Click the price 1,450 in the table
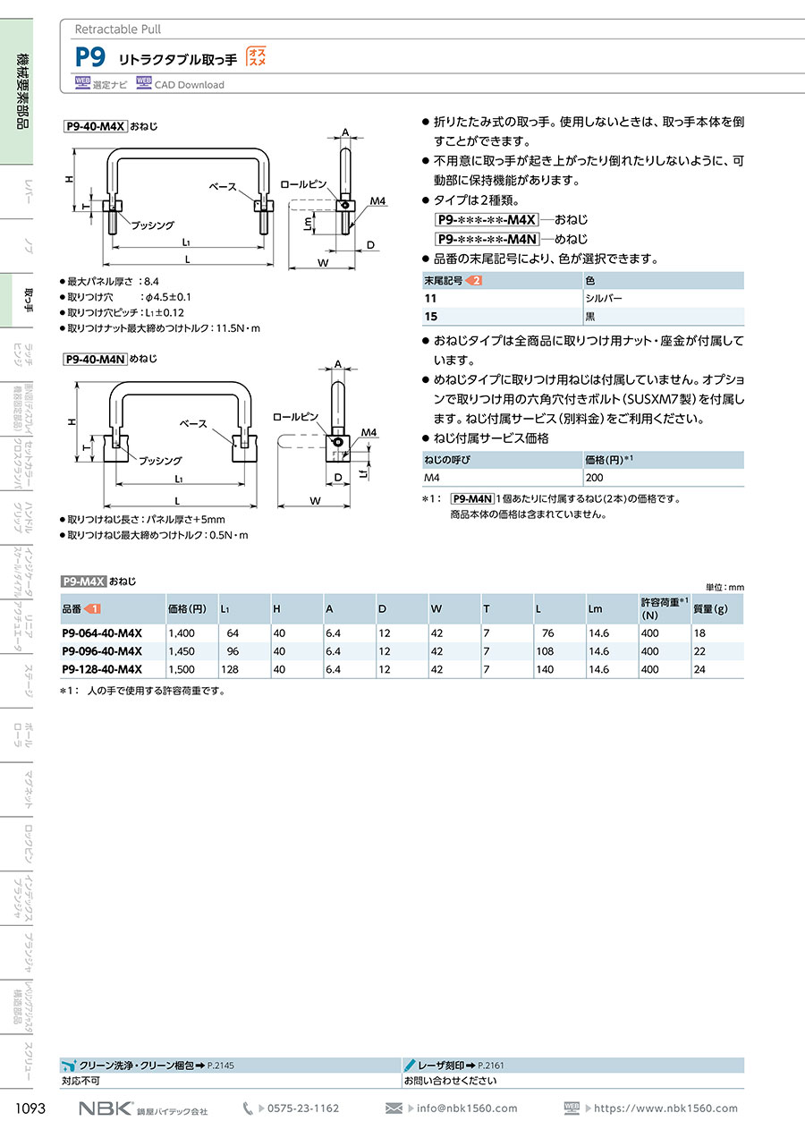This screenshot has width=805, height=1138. (x=182, y=650)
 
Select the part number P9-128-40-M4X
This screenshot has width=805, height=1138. (x=102, y=669)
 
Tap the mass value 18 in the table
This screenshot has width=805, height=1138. (x=699, y=633)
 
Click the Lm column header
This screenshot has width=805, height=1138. (x=595, y=608)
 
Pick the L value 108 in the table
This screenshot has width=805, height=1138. (x=545, y=650)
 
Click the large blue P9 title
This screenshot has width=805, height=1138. (x=90, y=57)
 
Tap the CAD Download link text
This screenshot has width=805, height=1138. (x=189, y=85)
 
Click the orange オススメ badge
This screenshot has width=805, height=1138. (x=257, y=56)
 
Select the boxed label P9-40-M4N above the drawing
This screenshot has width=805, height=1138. (x=95, y=359)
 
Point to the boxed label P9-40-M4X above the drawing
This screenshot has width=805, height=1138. (x=95, y=126)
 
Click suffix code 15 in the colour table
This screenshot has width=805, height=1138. (x=431, y=317)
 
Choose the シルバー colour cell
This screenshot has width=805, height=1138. (x=604, y=298)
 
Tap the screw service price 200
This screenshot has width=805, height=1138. (x=594, y=478)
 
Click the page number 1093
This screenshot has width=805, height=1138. (x=30, y=1108)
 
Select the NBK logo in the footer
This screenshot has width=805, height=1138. (x=106, y=1108)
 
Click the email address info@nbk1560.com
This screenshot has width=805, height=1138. (x=467, y=1108)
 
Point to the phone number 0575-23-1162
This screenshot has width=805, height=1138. (x=302, y=1108)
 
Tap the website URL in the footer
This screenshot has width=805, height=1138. (x=665, y=1108)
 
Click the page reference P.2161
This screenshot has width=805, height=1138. (x=491, y=1066)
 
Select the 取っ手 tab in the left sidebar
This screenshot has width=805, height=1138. (x=29, y=301)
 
